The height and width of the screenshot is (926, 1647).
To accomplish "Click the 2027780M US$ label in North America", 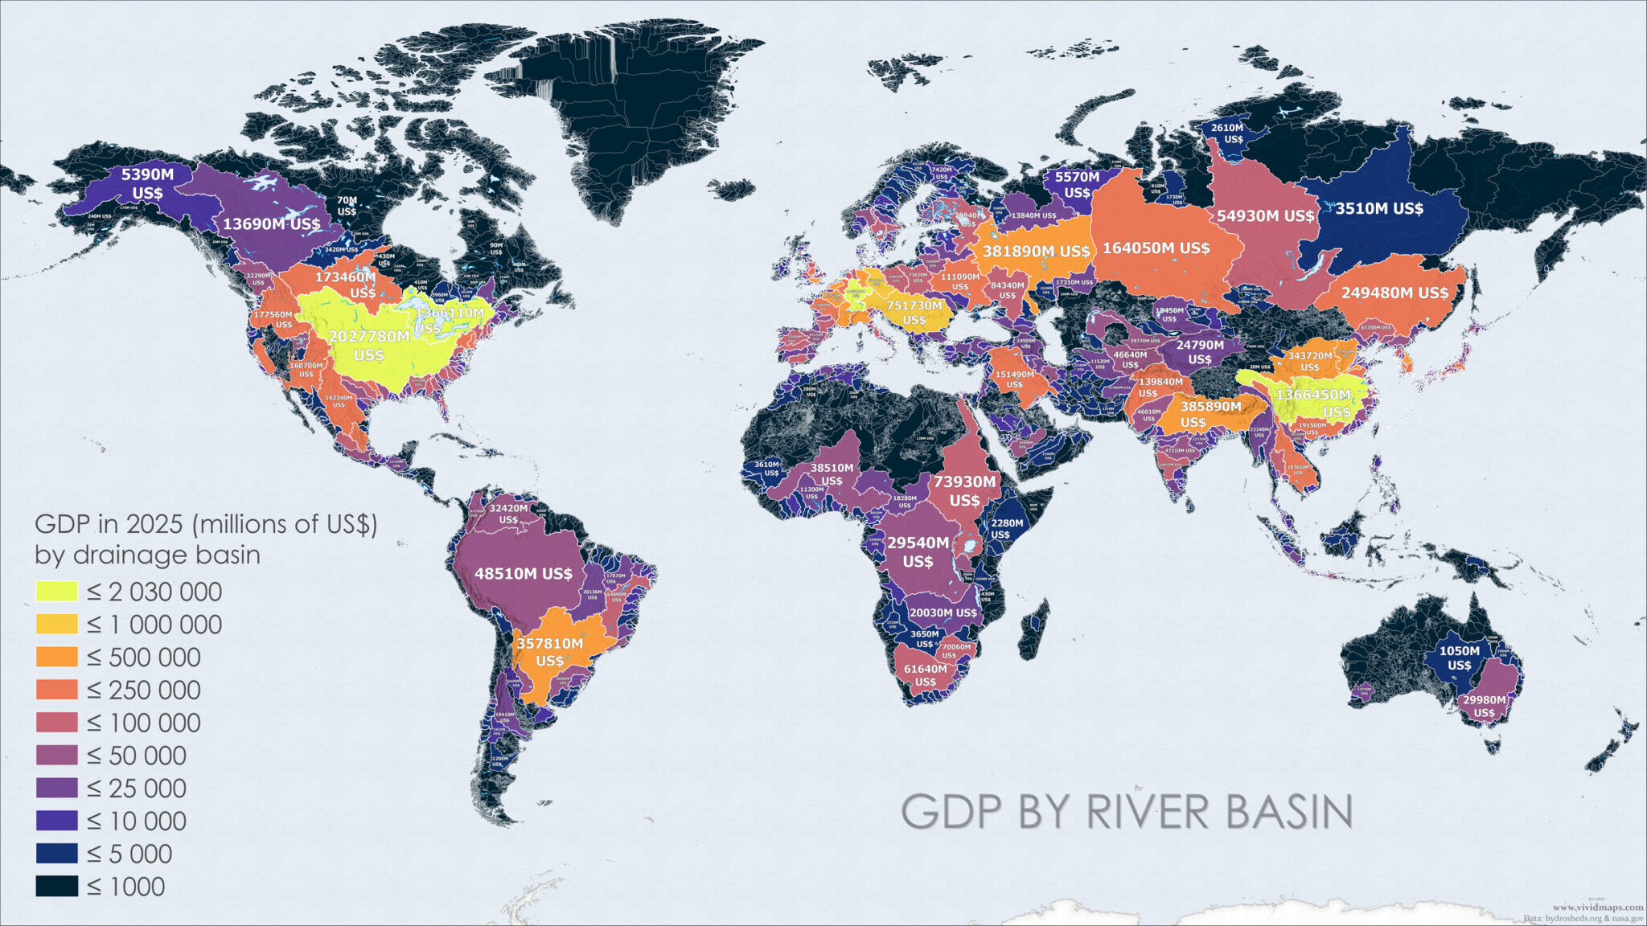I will coord(369,345).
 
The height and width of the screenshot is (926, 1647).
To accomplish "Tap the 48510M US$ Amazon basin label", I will coord(524,574).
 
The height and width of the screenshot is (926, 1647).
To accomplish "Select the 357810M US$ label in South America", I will coord(550,652).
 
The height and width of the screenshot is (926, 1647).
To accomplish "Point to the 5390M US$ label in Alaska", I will coord(147,183).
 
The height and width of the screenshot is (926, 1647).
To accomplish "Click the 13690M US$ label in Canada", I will coord(271,224).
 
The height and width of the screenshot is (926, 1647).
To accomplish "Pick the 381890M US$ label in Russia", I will coord(1036,252).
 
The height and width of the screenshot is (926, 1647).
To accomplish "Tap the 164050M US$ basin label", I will coord(1156,248).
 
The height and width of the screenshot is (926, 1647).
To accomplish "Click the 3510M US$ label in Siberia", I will coord(1379,209).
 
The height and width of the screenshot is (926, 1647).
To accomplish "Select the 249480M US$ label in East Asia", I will coord(1394,293).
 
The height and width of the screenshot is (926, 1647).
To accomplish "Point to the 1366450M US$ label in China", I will coord(1314,403).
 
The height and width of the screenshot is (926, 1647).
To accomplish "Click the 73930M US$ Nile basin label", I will coord(964,490).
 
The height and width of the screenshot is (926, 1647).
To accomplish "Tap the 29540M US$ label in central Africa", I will coord(918,551).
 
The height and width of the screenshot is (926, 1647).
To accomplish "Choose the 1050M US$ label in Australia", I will coord(1459,658).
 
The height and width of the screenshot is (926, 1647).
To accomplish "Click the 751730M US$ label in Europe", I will coord(914,313).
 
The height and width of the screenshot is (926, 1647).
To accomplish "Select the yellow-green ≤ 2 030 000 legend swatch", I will coord(56,592).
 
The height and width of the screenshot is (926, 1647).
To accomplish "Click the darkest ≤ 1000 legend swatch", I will coord(56,887).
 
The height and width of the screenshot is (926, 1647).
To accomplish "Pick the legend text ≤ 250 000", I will coord(143,690).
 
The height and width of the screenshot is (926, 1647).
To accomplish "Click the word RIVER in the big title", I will coord(1148,812).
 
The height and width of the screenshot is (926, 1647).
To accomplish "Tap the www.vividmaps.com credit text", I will coord(1597,907).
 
